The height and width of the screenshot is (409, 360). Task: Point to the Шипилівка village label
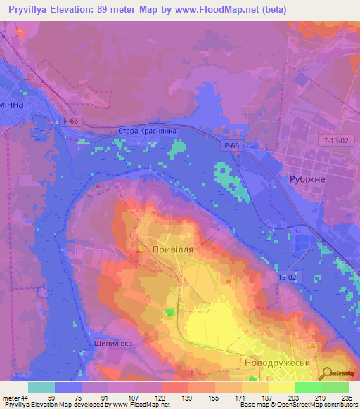[x=112, y=344]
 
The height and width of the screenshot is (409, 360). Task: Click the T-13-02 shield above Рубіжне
[x=335, y=141]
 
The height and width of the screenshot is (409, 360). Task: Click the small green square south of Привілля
[x=169, y=312]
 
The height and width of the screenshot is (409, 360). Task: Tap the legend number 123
[x=160, y=397]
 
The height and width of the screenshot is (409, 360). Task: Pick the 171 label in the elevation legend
[x=240, y=397]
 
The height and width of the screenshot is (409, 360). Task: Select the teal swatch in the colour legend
[x=41, y=387]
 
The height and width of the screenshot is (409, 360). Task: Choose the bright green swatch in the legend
[x=309, y=387]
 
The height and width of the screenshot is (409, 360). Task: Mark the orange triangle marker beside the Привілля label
[x=141, y=249]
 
